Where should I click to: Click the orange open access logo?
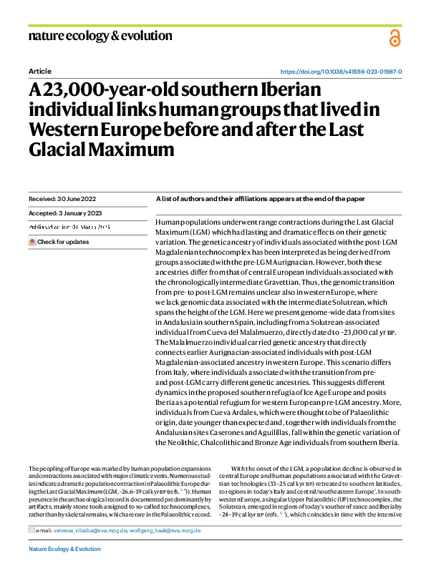pos(394,39)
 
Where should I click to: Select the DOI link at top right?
pos(340,72)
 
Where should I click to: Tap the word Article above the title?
pos(39,72)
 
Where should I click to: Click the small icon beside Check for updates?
pos(32,242)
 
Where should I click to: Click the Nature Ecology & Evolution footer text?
pos(64,549)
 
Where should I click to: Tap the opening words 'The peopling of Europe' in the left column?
pos(57,467)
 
